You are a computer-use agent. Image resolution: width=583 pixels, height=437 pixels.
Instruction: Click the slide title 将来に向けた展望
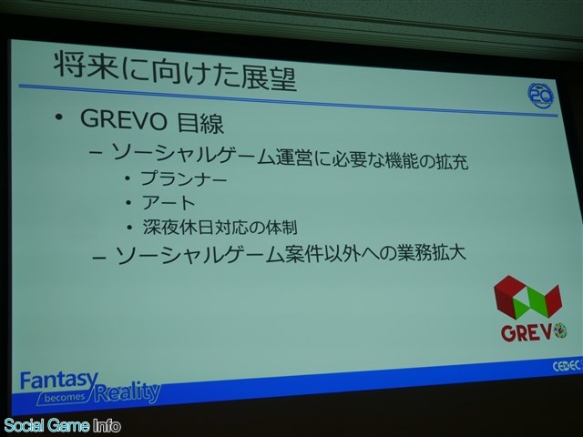pyautogui.click(x=175, y=72)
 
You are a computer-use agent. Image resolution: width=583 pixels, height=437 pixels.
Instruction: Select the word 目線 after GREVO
pyautogui.click(x=200, y=123)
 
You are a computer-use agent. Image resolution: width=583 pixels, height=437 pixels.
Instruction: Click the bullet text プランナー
pyautogui.click(x=184, y=178)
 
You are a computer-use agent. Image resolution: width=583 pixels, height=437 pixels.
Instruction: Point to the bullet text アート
pyautogui.click(x=169, y=202)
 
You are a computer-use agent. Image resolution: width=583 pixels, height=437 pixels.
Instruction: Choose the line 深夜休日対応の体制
pyautogui.click(x=220, y=227)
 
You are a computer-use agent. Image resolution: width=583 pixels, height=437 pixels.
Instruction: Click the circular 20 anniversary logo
pyautogui.click(x=540, y=96)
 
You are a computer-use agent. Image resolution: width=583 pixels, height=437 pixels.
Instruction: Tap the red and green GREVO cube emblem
pyautogui.click(x=527, y=300)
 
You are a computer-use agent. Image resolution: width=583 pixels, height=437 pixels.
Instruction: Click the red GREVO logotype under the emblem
pyautogui.click(x=527, y=332)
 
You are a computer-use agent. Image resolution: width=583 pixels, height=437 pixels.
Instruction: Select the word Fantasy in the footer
pyautogui.click(x=59, y=381)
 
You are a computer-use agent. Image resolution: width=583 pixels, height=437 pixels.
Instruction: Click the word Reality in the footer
pyautogui.click(x=128, y=392)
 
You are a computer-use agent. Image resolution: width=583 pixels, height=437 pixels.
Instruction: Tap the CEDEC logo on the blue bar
pyautogui.click(x=567, y=366)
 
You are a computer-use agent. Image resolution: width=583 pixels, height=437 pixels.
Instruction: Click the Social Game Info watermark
pyautogui.click(x=62, y=425)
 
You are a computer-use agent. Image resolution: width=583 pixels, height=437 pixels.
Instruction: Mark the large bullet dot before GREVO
pyautogui.click(x=58, y=117)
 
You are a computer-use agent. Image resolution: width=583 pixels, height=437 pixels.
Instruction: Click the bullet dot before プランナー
pyautogui.click(x=128, y=178)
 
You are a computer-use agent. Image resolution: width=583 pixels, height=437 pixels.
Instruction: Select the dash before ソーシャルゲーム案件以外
pyautogui.click(x=100, y=257)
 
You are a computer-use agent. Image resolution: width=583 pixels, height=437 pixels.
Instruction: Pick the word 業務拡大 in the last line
pyautogui.click(x=431, y=253)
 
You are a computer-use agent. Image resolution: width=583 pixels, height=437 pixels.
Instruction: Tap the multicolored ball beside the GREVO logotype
pyautogui.click(x=560, y=330)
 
